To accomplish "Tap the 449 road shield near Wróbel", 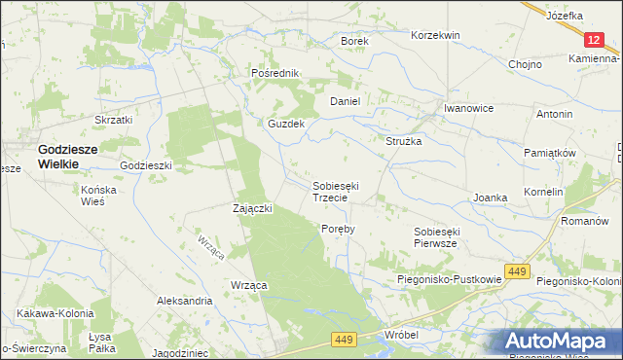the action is click(x=342, y=339).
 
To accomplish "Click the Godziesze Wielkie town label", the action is click(x=71, y=157).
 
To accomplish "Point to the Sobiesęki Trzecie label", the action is click(x=337, y=190).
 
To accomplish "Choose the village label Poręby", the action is click(x=338, y=229).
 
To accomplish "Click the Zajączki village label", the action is click(x=252, y=208).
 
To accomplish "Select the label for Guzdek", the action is click(x=287, y=125).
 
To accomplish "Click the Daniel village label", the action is click(x=346, y=101).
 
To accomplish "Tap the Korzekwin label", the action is click(x=435, y=35).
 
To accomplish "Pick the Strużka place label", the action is click(x=403, y=141).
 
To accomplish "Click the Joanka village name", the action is click(x=490, y=198).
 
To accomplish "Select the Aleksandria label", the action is click(x=185, y=302).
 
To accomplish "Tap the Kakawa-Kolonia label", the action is click(x=55, y=314).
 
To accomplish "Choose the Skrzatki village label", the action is click(x=113, y=120).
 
